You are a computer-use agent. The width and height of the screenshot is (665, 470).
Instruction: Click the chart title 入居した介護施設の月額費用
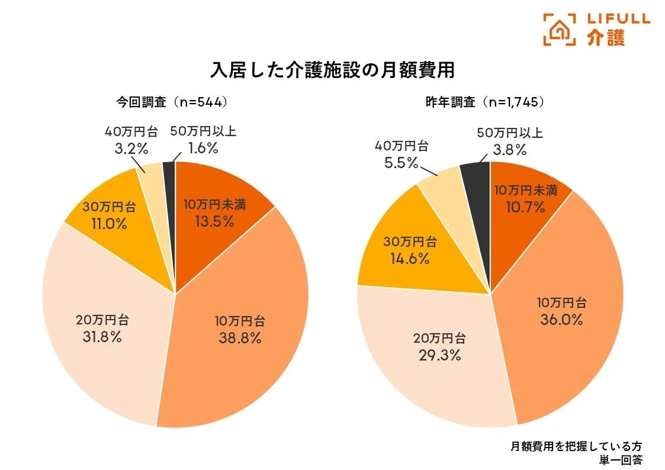click(332, 69)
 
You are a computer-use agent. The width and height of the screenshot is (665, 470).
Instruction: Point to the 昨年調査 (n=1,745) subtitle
click(485, 102)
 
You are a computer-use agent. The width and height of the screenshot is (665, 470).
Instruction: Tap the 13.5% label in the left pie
click(214, 221)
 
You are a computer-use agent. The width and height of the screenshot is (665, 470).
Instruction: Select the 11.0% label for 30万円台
click(109, 224)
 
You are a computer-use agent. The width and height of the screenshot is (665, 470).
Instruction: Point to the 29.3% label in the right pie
click(439, 355)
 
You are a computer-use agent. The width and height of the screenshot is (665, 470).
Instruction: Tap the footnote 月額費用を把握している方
click(576, 446)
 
